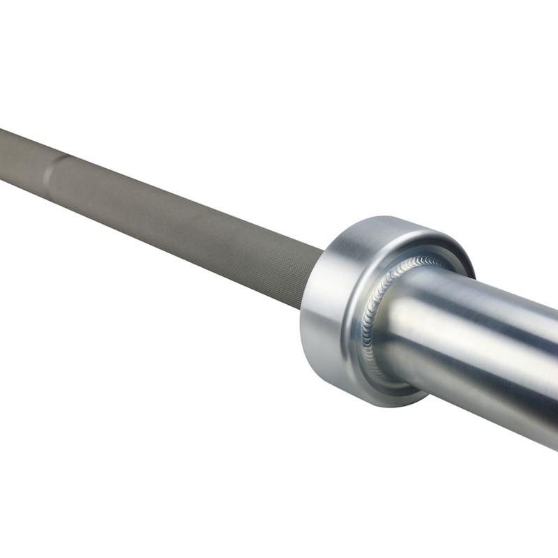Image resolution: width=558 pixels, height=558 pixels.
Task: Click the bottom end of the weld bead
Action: [380, 373]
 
